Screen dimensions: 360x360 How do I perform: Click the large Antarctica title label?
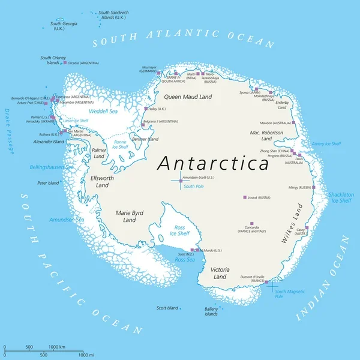[x=213, y=163]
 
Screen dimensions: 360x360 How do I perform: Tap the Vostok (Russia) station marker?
[x=244, y=197]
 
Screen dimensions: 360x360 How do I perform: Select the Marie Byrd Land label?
[x=130, y=216]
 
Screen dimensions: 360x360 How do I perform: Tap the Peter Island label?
[x=49, y=182]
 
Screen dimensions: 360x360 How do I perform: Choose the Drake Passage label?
[x=8, y=131]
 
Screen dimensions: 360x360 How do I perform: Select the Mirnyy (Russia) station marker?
[x=314, y=187]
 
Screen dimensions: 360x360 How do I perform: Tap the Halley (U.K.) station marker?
[x=145, y=109]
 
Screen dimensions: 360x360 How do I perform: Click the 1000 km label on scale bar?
[x=57, y=347]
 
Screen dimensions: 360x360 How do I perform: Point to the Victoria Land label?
[x=220, y=273]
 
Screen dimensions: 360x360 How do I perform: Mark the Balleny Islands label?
[x=211, y=311]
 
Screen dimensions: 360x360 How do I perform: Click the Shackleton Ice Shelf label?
[x=340, y=197]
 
